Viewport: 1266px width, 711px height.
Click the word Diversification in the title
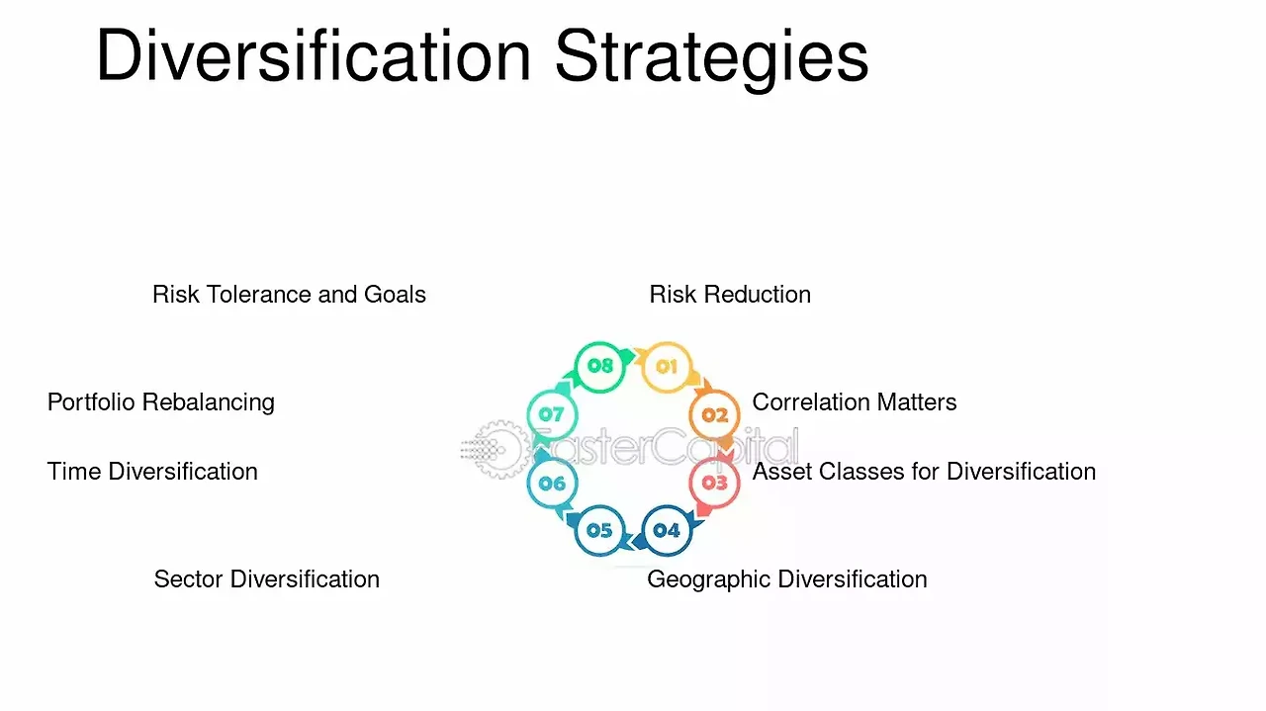314,54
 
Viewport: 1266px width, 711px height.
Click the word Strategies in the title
712,59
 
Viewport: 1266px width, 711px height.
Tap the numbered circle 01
667,367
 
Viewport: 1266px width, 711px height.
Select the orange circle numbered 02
714,415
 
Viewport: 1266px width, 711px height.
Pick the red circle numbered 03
714,483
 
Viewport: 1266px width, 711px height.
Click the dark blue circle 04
667,530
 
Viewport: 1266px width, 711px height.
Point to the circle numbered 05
599,530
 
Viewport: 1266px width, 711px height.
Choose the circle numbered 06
552,484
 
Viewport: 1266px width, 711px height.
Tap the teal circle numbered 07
552,415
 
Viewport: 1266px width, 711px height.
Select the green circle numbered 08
599,366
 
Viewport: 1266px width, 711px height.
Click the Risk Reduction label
730,295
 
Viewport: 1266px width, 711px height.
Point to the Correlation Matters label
854,402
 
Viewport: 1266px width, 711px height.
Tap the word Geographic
709,579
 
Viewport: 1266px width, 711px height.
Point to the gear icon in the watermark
499,449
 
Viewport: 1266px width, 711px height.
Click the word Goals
395,295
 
